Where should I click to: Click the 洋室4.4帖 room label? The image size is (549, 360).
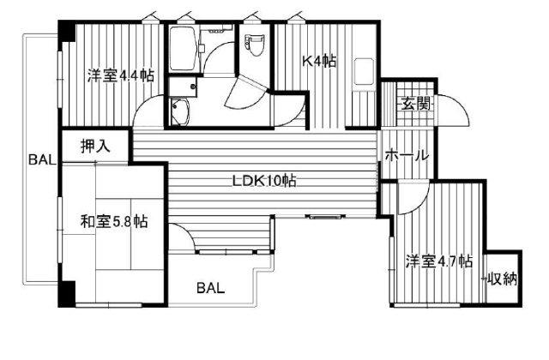(120, 75)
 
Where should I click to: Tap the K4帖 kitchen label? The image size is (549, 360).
(319, 61)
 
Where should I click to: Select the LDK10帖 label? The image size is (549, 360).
(264, 181)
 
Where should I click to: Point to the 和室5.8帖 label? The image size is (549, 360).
(114, 221)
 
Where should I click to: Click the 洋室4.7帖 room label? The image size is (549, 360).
(439, 261)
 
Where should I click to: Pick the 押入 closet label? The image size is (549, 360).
(95, 146)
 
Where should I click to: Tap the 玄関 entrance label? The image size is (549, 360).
(415, 104)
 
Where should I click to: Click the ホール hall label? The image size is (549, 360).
(407, 155)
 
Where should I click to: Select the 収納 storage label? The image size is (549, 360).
(503, 279)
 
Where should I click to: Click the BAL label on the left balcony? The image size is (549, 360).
(42, 160)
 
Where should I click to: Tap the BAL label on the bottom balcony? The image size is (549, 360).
(210, 288)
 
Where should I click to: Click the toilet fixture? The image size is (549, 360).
(253, 45)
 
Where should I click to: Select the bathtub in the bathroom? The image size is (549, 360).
(183, 49)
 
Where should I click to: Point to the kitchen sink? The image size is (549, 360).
(364, 72)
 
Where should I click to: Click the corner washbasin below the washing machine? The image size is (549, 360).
(179, 111)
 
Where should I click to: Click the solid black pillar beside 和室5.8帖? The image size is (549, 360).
(67, 294)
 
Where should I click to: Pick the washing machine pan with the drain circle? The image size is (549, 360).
(183, 87)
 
